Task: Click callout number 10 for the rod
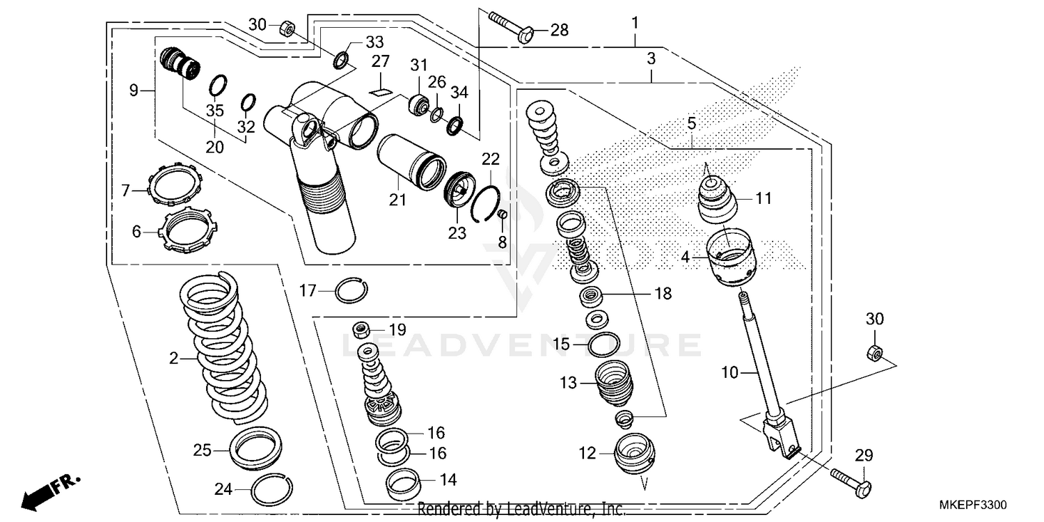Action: click(729, 373)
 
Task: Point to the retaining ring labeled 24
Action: click(271, 491)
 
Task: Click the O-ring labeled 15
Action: click(603, 344)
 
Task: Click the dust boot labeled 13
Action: click(613, 383)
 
